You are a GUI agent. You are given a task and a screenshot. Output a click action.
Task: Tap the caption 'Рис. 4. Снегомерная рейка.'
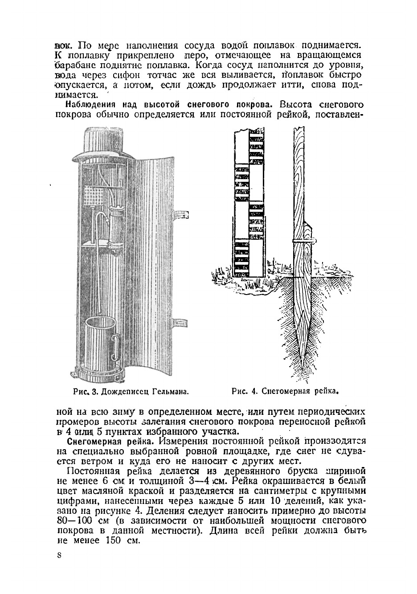(282, 392)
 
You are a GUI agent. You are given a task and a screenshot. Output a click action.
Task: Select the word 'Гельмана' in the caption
(168, 392)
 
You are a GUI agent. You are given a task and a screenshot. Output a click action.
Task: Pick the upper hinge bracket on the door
(181, 214)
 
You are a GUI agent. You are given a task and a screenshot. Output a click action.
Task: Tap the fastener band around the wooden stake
(303, 241)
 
